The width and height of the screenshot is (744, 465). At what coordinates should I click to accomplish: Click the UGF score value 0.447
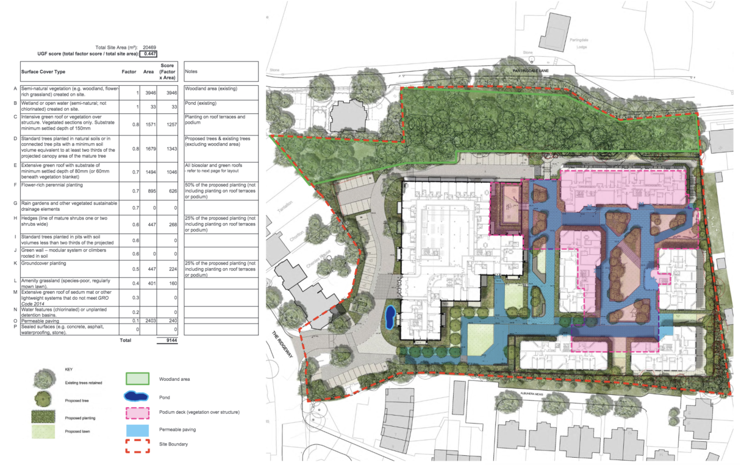(148, 54)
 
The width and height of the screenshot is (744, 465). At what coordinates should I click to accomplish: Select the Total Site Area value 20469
(149, 47)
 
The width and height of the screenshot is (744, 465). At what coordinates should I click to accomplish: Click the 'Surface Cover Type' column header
(43, 71)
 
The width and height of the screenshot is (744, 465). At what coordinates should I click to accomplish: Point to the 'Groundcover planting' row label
(48, 264)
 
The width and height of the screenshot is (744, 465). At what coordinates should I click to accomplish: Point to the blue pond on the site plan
(390, 316)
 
